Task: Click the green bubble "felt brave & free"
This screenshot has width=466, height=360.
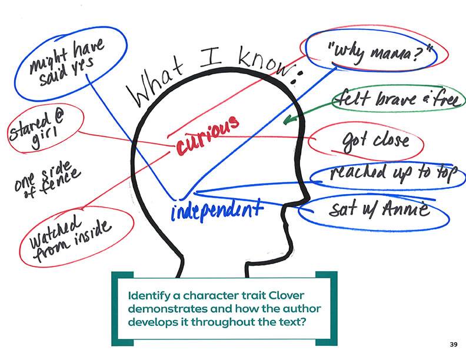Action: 395,102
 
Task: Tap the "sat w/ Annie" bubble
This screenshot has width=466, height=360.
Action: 376,209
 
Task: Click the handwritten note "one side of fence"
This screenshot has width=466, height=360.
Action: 47,179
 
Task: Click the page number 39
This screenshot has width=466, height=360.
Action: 452,344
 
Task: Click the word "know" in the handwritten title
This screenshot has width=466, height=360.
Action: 258,61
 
